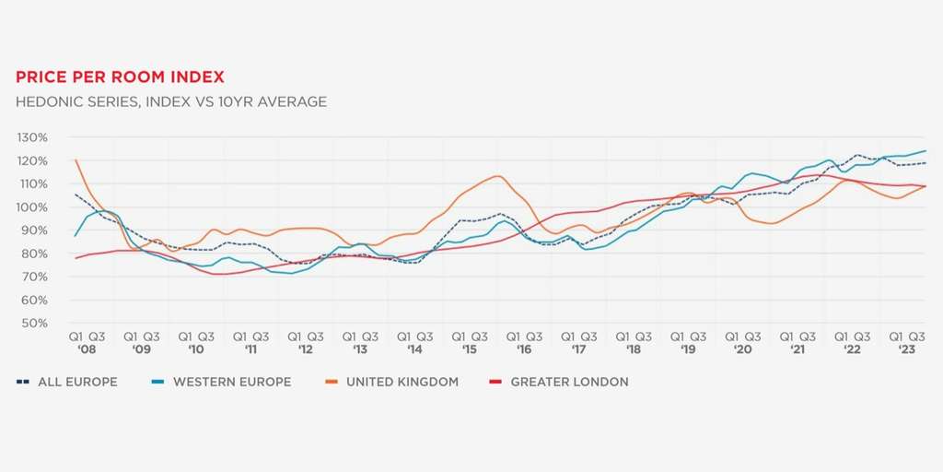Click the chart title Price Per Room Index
tap(120, 77)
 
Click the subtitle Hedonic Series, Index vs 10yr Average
tap(171, 101)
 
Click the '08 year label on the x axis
tap(87, 350)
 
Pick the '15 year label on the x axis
tap(469, 350)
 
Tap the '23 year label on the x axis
tap(906, 350)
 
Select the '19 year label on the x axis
tap(688, 350)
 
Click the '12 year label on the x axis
tap(305, 350)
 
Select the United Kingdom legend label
tap(402, 382)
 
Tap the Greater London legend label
tap(569, 382)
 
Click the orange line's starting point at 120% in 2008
tap(75, 160)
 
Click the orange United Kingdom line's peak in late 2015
tap(497, 176)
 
